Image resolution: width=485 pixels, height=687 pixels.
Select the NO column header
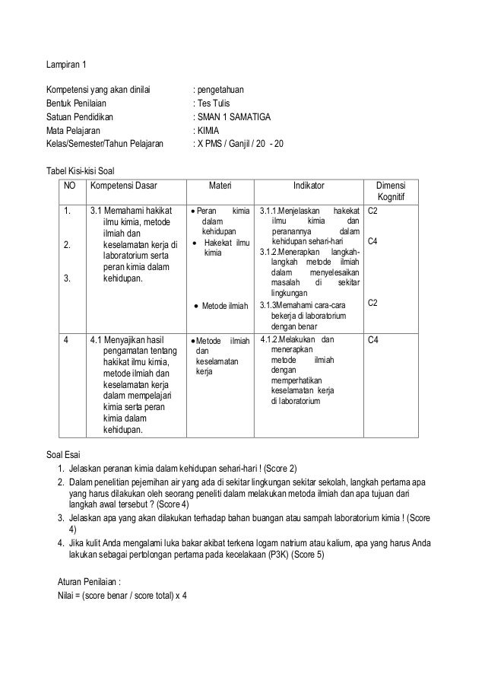click(x=70, y=185)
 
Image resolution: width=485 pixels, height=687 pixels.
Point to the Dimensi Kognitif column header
click(x=395, y=192)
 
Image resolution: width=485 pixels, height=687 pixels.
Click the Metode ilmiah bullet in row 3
click(x=226, y=306)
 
